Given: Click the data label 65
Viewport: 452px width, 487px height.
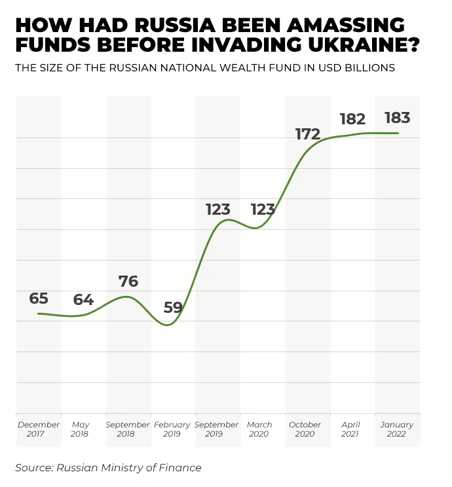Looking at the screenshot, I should tap(39, 298).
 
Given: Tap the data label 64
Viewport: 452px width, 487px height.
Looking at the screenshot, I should tap(83, 300).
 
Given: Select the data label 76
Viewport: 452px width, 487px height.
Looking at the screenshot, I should tap(128, 281).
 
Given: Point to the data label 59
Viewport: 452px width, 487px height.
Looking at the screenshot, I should tap(173, 307).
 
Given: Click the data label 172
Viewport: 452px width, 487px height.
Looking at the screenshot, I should tap(307, 134).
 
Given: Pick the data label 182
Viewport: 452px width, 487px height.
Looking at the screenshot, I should tap(352, 119).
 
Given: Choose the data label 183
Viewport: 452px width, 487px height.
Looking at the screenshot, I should tap(397, 118).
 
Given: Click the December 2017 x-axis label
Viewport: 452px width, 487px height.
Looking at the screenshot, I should tap(39, 429).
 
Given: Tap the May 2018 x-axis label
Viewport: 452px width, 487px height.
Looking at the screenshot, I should tap(81, 429).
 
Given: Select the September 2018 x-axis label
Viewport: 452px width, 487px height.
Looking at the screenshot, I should tap(128, 429).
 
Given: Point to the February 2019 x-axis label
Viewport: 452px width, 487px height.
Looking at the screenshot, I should tap(172, 429).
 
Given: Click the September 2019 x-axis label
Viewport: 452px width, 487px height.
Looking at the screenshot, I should tap(217, 429).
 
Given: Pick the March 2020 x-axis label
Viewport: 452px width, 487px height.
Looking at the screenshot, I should tap(259, 429).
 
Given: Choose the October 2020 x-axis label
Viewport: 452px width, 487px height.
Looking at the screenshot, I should tap(305, 429).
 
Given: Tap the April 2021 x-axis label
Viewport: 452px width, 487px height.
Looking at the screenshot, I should tap(350, 429).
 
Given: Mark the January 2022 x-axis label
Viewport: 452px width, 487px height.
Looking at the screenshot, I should tap(397, 429).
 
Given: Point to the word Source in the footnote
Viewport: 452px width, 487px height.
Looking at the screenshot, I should tap(33, 467).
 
